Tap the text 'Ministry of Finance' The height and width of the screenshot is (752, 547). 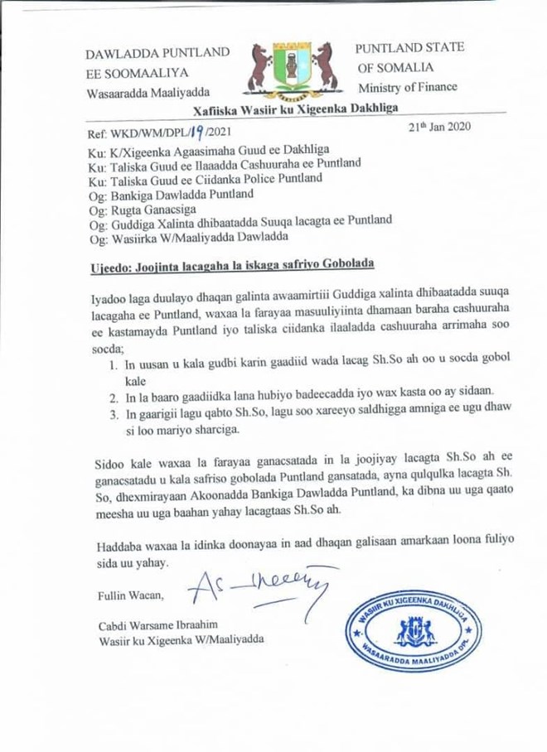coord(407,87)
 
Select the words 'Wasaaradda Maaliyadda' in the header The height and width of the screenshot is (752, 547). coord(148,92)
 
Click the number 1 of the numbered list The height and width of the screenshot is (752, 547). coord(114,364)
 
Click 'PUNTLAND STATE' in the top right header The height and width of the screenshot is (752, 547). coord(409,48)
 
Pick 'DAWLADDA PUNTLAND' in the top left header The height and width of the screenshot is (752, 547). coord(157,53)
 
